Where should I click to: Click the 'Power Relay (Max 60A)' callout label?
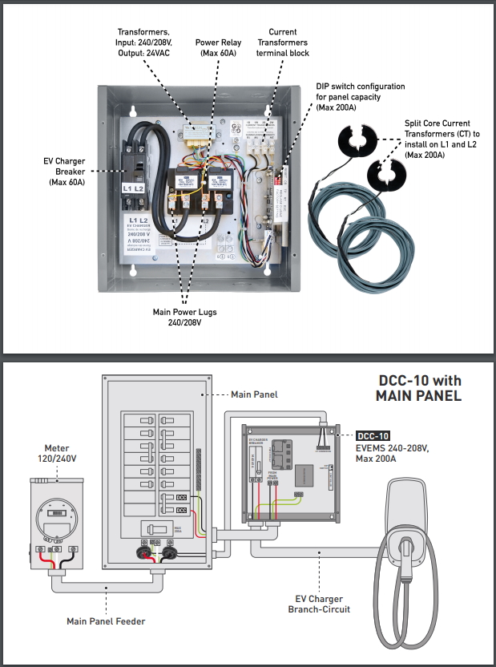tap(218, 47)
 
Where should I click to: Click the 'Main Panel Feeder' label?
tap(106, 621)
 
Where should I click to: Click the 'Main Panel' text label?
tap(253, 394)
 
